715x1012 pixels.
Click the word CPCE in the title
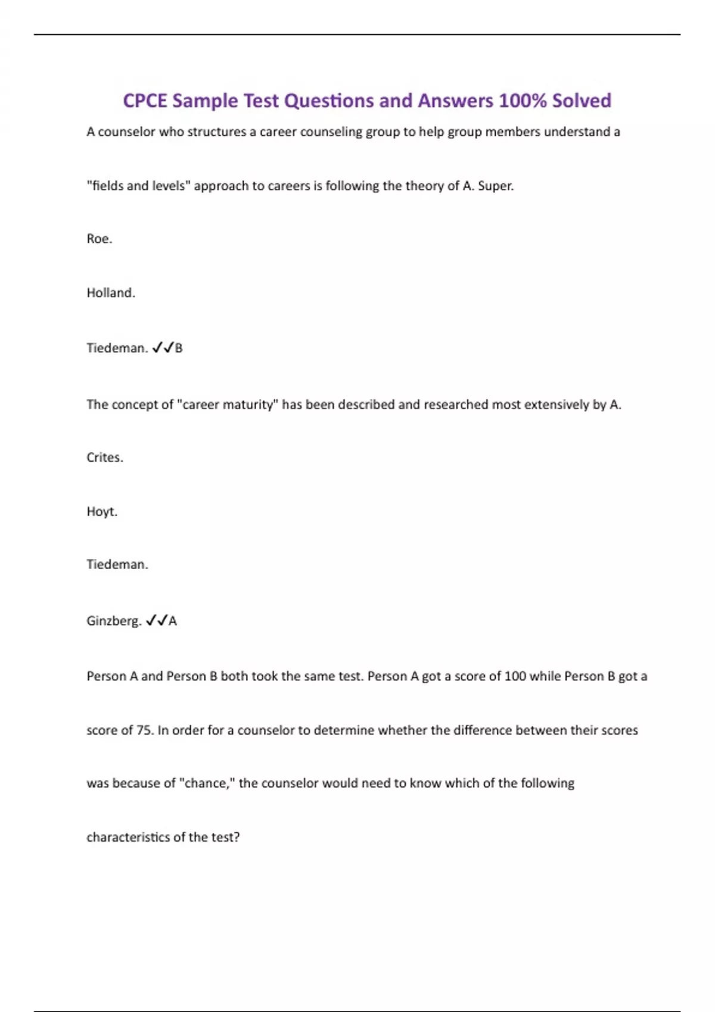[145, 101]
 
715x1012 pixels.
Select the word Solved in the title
[582, 101]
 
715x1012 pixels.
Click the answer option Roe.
[99, 239]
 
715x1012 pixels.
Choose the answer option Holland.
[111, 293]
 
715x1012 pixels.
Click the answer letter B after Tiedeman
[179, 348]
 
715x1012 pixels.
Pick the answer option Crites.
[105, 458]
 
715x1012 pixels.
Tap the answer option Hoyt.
[102, 512]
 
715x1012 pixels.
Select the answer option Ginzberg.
[114, 621]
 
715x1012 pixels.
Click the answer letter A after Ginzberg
[173, 621]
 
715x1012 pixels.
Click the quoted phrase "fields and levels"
[138, 186]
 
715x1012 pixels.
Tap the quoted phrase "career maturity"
[228, 405]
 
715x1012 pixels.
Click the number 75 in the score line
[145, 730]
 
